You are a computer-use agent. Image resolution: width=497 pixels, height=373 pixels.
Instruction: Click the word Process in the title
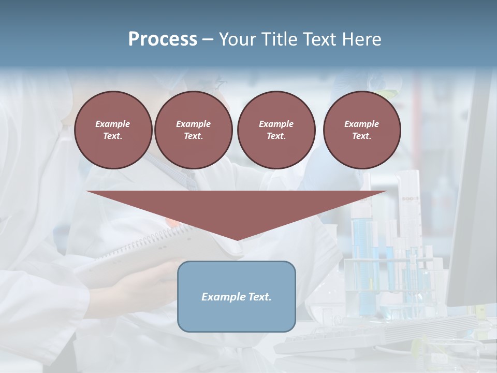pos(163,39)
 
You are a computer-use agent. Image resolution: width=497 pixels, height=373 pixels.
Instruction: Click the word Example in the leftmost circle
pos(113,124)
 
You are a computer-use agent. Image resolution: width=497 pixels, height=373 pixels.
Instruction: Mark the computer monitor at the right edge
pos(474,207)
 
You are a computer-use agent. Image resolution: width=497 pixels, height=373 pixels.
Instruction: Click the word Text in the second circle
pos(193,136)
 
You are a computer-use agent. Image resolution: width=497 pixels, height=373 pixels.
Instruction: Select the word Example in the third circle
pos(276,124)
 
